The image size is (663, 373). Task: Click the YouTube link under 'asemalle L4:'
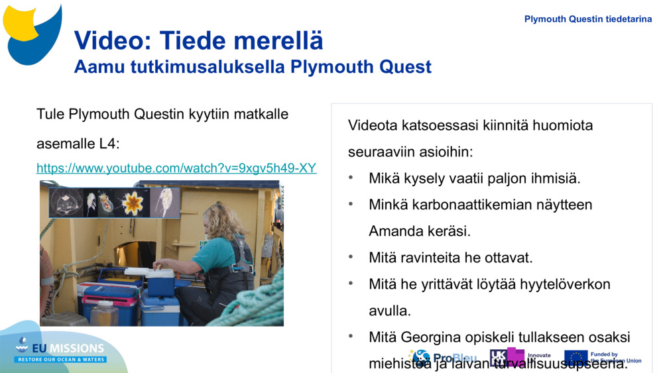pyautogui.click(x=176, y=168)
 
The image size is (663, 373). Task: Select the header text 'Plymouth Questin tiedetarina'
pyautogui.click(x=588, y=19)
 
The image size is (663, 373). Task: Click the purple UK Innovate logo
pyautogui.click(x=508, y=358)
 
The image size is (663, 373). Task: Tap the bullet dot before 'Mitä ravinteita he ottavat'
pyautogui.click(x=351, y=257)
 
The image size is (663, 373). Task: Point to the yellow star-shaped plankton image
pyautogui.click(x=133, y=203)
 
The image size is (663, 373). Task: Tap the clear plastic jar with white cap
pyautogui.click(x=105, y=313)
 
